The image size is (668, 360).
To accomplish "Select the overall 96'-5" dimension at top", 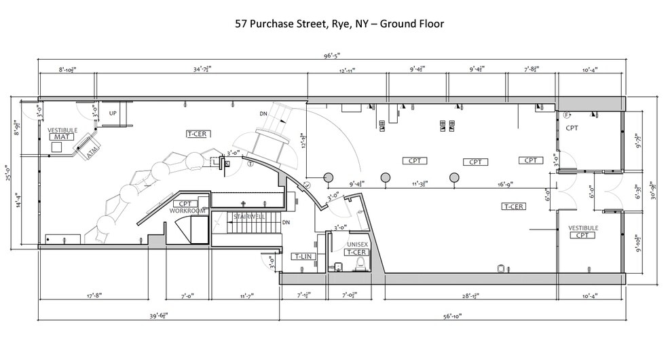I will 333,56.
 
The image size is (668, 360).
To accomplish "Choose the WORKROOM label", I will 187,211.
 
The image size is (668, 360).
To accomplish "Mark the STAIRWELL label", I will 248,217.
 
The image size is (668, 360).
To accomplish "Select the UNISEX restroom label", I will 357,243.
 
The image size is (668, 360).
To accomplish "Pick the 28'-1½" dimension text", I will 470,295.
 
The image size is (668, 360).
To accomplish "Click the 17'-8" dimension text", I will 93,295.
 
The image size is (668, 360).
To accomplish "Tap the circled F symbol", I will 566,115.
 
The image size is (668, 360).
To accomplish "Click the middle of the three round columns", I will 386,177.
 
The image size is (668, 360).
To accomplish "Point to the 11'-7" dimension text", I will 244,295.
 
